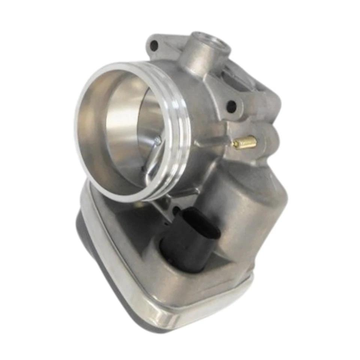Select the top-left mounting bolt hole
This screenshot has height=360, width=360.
coord(154,47)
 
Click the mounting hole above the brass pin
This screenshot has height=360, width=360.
coord(231,106)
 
